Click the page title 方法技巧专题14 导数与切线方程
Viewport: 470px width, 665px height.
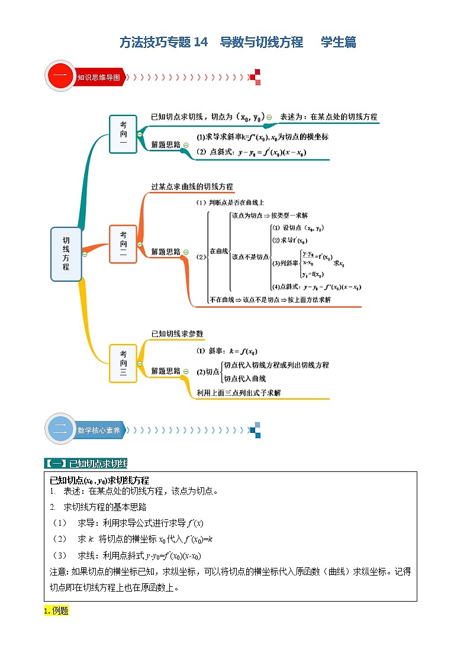click(211, 42)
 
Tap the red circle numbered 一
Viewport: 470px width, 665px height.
click(60, 77)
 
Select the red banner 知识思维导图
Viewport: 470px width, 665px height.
click(98, 77)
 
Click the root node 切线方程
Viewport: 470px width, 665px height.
click(66, 253)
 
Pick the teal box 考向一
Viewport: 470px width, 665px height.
click(123, 134)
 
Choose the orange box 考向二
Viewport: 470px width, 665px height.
click(123, 243)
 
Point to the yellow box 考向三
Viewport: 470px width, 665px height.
click(123, 363)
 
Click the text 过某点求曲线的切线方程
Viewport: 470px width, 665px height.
click(192, 187)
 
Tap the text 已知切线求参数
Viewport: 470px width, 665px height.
click(177, 334)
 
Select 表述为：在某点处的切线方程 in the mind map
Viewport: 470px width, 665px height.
click(328, 117)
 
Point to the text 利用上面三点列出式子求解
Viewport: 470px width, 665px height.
click(239, 393)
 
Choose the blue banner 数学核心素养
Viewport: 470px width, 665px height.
click(98, 431)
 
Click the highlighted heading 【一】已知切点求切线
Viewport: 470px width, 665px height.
click(86, 463)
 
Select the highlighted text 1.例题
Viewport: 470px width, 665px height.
click(56, 611)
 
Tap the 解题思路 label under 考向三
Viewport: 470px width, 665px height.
click(165, 371)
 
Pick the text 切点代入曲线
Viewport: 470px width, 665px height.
click(244, 378)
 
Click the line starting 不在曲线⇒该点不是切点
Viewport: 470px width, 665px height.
click(270, 300)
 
